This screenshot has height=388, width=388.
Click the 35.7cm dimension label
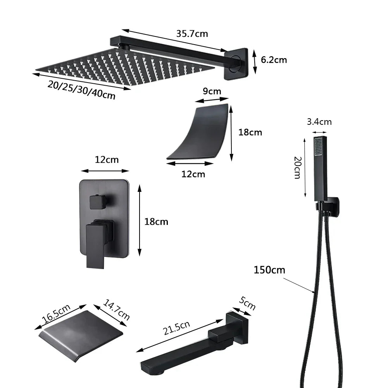(x=192, y=34)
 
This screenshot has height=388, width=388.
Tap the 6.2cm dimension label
(x=274, y=60)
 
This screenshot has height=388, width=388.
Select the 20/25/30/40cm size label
(x=82, y=90)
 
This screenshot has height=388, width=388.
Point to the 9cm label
(x=212, y=91)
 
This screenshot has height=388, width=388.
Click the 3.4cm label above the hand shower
(x=319, y=122)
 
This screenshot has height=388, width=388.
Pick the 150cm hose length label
(x=269, y=270)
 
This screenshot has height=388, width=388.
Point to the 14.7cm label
(x=117, y=309)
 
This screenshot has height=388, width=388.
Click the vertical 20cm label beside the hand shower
(x=297, y=167)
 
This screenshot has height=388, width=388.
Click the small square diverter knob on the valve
(x=98, y=202)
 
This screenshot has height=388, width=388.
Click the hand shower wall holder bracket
(x=331, y=207)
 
